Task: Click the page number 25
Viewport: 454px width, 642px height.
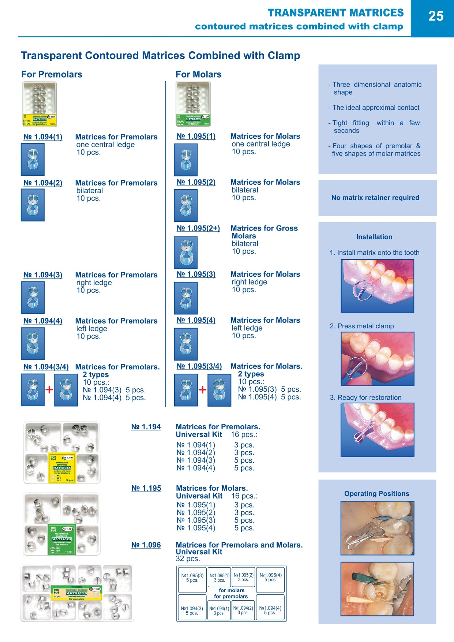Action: point(435,16)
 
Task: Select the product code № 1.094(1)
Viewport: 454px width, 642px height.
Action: point(43,137)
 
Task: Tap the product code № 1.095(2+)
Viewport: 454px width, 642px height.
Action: point(198,228)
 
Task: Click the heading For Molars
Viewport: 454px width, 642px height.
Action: point(198,74)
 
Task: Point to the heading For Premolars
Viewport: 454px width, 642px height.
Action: point(52,74)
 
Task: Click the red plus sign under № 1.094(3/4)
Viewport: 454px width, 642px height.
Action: point(49,389)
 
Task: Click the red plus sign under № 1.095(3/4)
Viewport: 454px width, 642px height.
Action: point(202,389)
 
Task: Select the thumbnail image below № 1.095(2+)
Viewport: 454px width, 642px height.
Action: point(186,253)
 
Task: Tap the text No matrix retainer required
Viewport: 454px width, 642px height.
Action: point(375,198)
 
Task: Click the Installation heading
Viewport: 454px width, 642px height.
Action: point(374,237)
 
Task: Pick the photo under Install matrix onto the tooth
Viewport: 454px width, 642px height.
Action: point(377,286)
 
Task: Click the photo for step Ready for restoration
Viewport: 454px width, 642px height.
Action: point(377,430)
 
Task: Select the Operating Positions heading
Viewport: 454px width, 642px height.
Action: point(376,493)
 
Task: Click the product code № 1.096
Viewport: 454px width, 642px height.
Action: point(146,545)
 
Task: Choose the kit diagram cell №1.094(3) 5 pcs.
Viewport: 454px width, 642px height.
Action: point(192,610)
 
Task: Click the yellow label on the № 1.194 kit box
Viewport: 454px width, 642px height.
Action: point(62,468)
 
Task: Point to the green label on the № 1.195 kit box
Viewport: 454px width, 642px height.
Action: point(61,539)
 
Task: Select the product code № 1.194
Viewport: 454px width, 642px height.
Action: point(146,427)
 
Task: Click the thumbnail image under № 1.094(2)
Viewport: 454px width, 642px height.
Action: point(33,205)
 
